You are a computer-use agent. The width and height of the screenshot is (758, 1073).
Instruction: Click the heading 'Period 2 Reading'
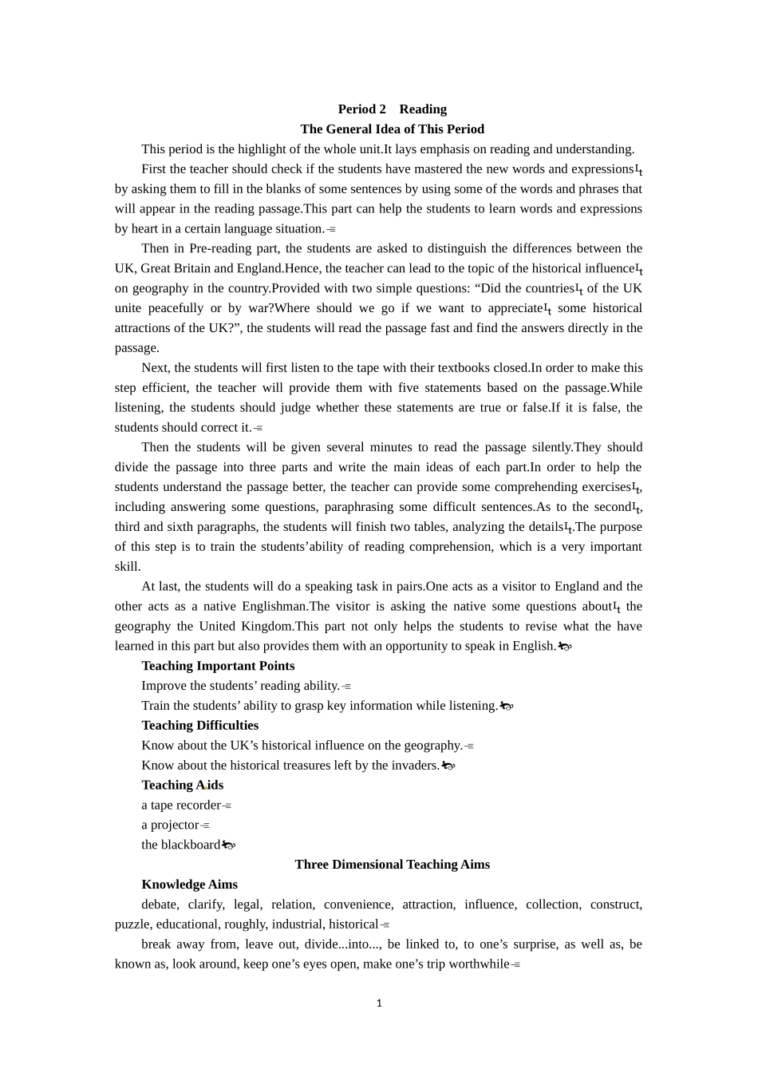coord(392,109)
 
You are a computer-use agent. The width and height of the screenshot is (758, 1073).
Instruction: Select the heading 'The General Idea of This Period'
coord(392,129)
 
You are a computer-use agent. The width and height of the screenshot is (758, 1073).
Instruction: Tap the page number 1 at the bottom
coord(379,1004)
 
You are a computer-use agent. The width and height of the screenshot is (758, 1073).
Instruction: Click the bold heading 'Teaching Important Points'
coord(218,666)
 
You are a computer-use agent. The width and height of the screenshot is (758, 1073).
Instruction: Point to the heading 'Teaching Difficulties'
coord(199,726)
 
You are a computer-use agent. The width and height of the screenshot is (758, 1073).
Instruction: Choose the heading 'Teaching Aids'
coord(182,786)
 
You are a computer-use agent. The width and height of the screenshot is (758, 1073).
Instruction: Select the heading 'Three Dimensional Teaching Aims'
coord(392,865)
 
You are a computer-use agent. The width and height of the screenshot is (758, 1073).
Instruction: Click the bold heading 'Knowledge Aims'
coord(189,885)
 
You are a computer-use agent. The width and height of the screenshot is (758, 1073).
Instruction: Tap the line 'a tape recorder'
coord(181,806)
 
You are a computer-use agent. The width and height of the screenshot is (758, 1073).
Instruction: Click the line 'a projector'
coord(170,826)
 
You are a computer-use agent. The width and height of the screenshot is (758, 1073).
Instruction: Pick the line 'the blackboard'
coord(180,845)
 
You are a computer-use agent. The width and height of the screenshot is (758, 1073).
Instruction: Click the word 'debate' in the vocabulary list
coord(160,905)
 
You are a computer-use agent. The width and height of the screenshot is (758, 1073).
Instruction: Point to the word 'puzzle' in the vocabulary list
coord(132,925)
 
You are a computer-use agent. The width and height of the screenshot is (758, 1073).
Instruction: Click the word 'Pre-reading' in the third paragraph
coord(220,248)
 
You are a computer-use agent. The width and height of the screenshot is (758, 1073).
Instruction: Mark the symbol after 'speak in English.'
coord(565,647)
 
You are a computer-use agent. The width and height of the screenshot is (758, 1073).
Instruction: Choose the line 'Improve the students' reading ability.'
coord(240,686)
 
